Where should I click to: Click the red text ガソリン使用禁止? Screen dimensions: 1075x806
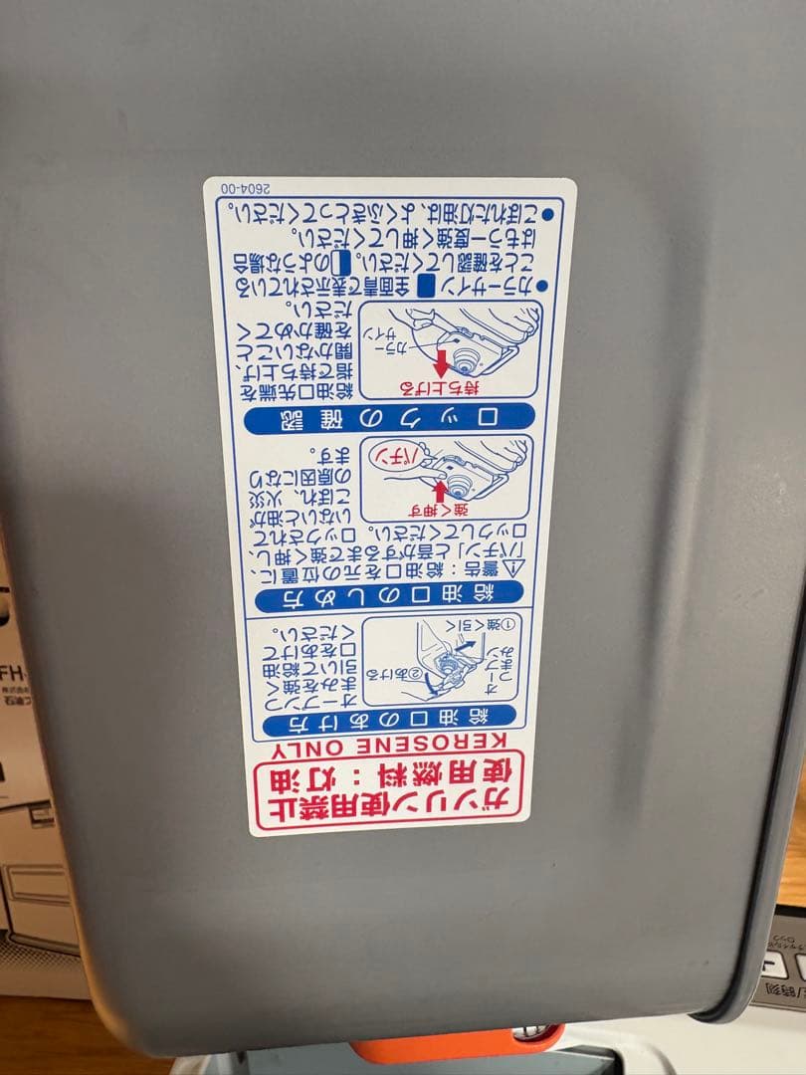coord(388,802)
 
